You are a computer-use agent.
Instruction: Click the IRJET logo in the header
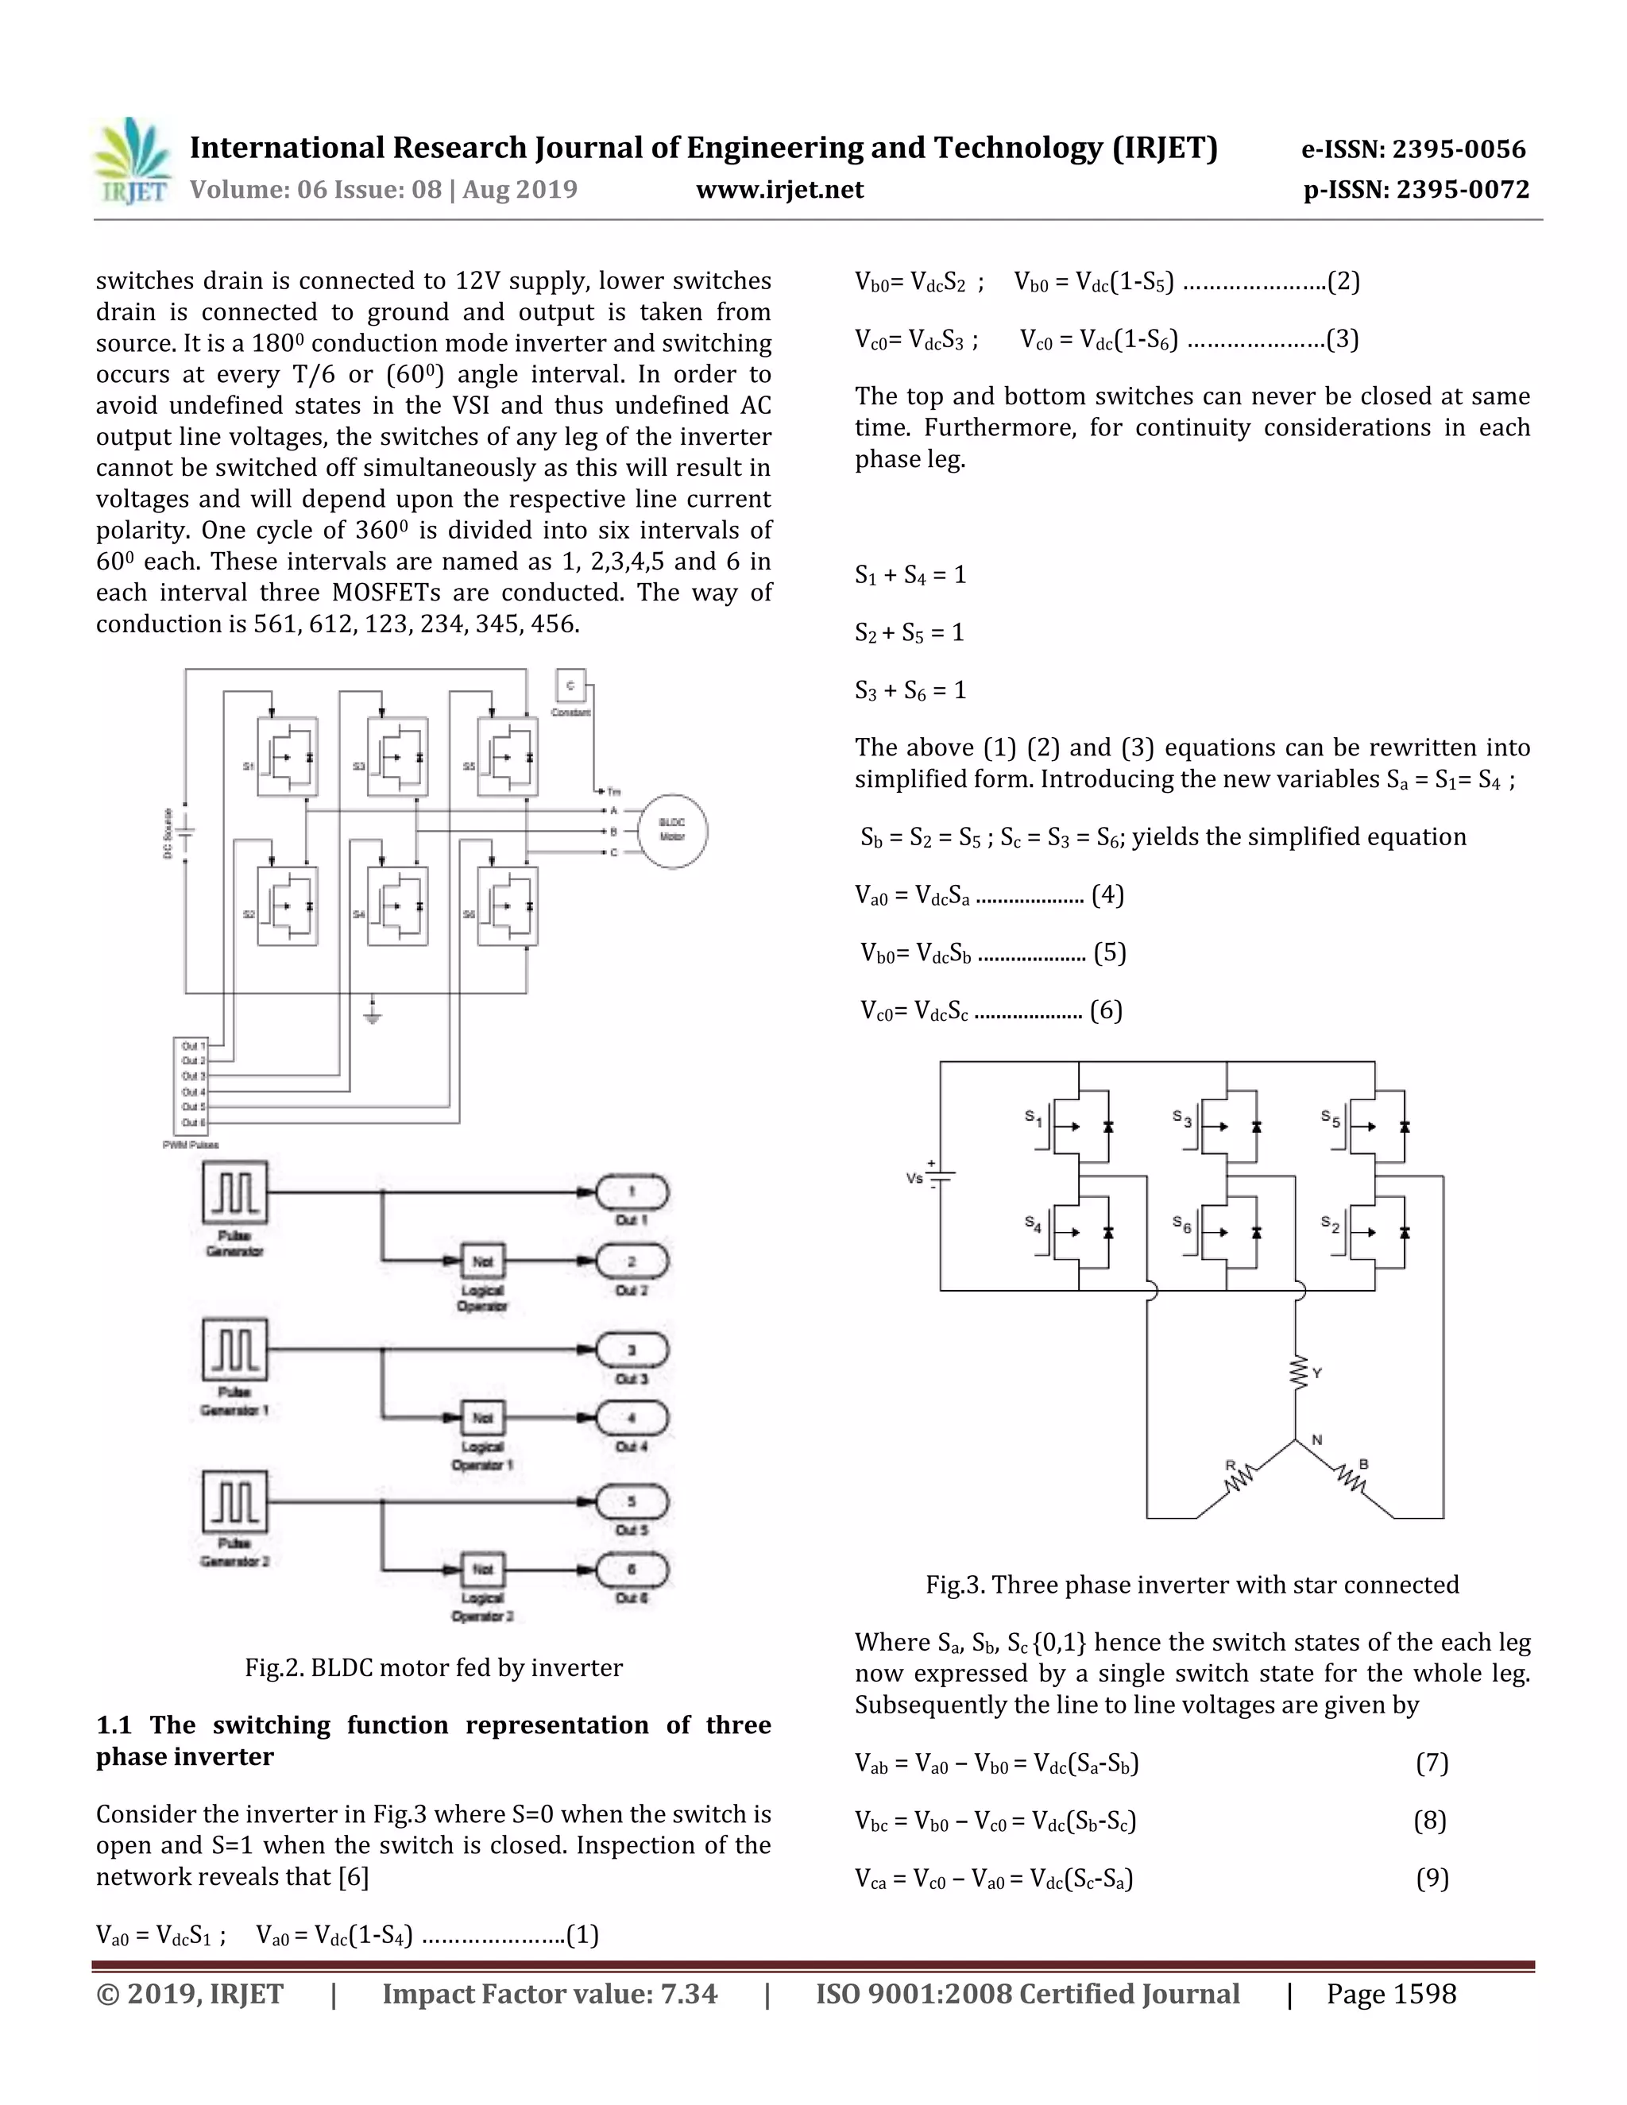[x=133, y=161]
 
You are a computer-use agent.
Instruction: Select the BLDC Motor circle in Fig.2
[x=672, y=830]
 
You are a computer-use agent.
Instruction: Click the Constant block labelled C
[x=570, y=686]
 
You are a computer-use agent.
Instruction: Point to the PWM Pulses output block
[x=190, y=1085]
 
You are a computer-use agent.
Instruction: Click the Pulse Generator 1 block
[x=234, y=1350]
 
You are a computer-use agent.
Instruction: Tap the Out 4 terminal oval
[x=632, y=1418]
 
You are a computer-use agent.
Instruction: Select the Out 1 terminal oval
[x=632, y=1192]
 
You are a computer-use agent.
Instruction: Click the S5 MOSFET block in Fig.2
[x=507, y=756]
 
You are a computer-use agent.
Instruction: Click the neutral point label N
[x=1316, y=1440]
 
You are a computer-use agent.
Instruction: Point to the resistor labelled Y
[x=1297, y=1373]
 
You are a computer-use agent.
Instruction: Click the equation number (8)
[x=1430, y=1820]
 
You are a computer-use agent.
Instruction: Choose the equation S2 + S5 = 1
[x=909, y=632]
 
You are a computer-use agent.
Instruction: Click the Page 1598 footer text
[x=1391, y=1994]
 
